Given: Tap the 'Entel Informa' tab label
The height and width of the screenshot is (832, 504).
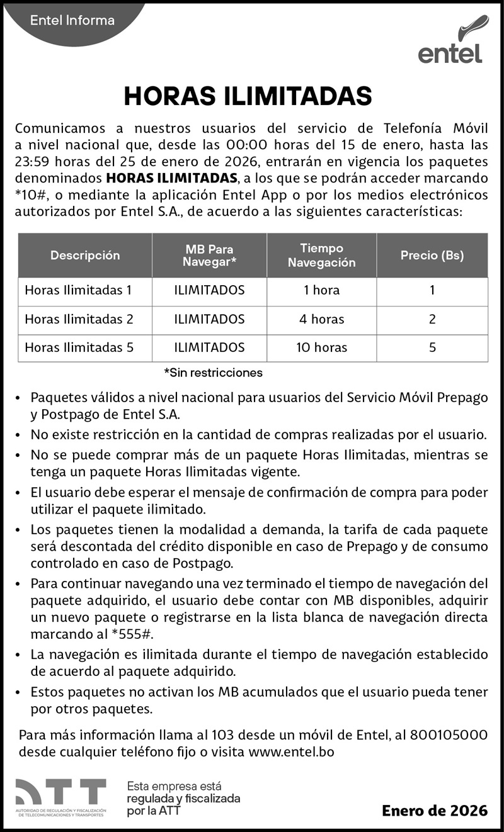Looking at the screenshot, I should coord(72,20).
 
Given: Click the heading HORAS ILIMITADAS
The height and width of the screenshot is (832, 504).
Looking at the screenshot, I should coord(248,96).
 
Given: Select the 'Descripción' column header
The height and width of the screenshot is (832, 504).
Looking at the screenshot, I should coord(85,256).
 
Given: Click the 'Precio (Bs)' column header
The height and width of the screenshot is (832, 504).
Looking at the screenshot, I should coord(432,256).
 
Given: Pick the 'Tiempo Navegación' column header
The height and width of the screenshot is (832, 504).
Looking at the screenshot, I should coord(321,256).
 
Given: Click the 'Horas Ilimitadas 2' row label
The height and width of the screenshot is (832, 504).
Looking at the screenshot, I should coord(79,319).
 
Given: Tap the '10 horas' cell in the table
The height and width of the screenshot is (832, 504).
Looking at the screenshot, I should coord(321,347).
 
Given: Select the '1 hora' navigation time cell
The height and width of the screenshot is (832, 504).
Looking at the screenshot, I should coord(321,290).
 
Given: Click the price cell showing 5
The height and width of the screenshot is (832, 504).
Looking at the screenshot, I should coord(432,347).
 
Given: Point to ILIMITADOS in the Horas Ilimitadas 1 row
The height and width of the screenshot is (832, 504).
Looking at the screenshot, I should coord(209,290).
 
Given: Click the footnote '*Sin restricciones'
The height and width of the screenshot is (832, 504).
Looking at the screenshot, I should coord(213,373).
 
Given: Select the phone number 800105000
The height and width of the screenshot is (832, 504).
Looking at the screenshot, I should coord(449,734).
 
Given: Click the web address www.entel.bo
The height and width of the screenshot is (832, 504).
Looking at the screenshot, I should coord(291,751).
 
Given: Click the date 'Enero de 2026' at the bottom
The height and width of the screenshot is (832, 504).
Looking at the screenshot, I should coord(435,811).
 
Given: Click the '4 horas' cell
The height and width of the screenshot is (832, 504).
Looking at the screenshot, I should coord(321,319).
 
